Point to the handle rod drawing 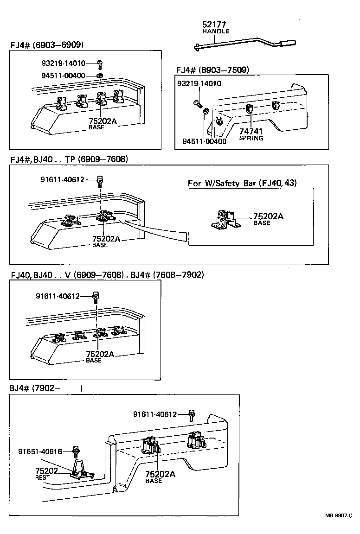point(241,43)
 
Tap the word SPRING point(251,138)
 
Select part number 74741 point(251,132)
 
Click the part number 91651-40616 point(40,451)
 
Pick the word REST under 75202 point(42,477)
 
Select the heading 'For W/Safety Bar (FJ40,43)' point(242,183)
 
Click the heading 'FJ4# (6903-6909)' point(46,44)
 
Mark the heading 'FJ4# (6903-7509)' point(212,70)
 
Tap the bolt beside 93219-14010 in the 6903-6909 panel point(100,63)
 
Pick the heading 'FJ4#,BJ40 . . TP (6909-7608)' point(69,159)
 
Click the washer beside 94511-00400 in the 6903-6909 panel point(99,75)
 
